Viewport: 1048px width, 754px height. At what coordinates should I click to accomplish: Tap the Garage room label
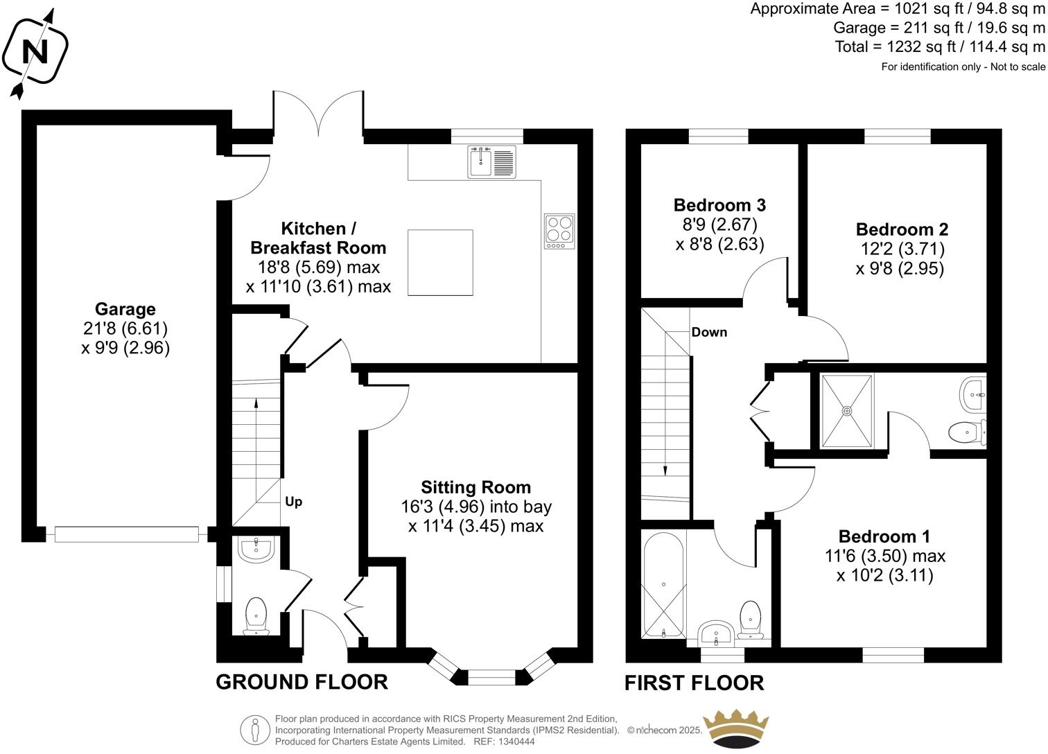pos(125,309)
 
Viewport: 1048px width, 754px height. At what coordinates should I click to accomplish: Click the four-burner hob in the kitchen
pos(560,231)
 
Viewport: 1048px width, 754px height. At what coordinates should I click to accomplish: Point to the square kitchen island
pos(440,262)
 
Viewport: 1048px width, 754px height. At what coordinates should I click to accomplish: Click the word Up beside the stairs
pos(294,501)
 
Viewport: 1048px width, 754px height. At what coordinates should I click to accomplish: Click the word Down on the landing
pos(709,332)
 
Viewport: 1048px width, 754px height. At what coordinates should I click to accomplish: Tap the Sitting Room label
pos(476,487)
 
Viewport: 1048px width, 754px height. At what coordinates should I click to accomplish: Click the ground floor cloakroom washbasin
pos(256,548)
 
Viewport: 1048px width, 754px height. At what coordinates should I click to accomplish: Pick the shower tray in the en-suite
pos(846,410)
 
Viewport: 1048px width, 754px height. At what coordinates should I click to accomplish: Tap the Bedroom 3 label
pos(719,205)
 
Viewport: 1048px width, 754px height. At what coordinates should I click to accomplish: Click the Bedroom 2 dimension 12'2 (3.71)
pos(900,249)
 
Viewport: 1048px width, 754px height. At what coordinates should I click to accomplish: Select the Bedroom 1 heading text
pos(884,536)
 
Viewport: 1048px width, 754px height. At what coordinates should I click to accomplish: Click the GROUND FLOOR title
pos(302,682)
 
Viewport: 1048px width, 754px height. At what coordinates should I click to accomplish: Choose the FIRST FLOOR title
pos(694,683)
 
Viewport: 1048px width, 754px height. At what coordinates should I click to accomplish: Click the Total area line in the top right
pos(940,47)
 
